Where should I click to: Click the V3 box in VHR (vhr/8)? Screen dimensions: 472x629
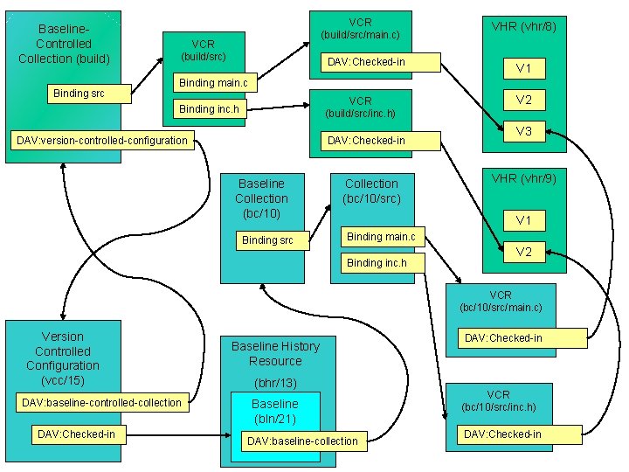(523, 131)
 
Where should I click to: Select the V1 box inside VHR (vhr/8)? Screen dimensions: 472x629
(523, 68)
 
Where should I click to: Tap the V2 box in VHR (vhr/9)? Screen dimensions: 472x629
(523, 252)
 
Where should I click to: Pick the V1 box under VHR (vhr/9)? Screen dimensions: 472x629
(523, 220)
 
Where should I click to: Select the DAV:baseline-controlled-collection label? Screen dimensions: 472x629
(102, 403)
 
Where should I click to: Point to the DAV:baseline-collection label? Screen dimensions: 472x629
(302, 441)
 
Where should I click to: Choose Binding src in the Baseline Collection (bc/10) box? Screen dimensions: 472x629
(267, 239)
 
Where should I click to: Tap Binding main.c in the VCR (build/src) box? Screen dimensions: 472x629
(213, 83)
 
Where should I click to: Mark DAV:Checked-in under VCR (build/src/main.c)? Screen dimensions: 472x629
(366, 62)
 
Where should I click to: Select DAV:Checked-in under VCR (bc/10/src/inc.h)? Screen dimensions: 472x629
(502, 434)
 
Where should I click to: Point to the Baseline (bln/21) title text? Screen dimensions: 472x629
(274, 411)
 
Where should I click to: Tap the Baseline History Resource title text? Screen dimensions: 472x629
(275, 353)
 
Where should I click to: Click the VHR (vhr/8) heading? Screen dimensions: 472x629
(523, 27)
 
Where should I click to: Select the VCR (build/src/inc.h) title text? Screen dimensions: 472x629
(360, 108)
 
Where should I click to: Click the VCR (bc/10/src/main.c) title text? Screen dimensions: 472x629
(501, 302)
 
